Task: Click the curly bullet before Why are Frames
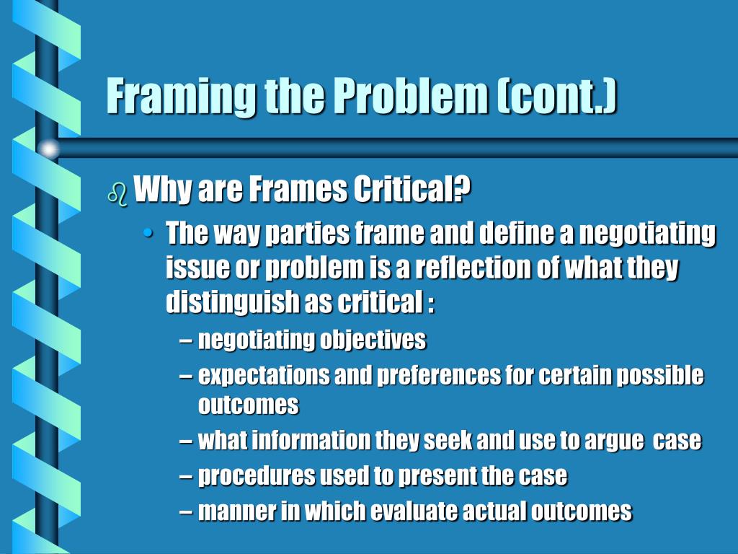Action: pyautogui.click(x=116, y=194)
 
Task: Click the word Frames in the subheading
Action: pyautogui.click(x=298, y=191)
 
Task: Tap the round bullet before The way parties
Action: pyautogui.click(x=148, y=234)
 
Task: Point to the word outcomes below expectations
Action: pyautogui.click(x=248, y=405)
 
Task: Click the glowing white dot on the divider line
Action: pyautogui.click(x=48, y=149)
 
